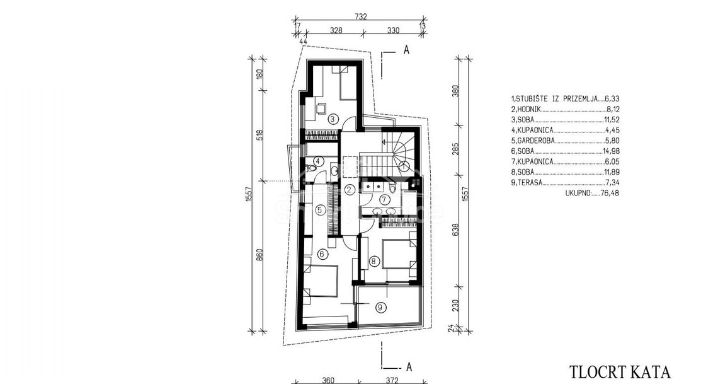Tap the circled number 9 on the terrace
point(380,308)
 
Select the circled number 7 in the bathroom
point(385,200)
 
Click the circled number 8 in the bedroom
point(375,262)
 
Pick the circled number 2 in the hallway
point(350,189)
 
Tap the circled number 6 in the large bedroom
point(321,253)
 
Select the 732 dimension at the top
point(361,17)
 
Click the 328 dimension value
point(336,31)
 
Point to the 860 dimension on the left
point(259,255)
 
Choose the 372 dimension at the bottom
point(392,380)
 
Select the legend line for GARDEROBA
point(565,141)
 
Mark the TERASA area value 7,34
point(612,182)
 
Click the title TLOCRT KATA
point(620,371)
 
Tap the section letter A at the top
point(406,50)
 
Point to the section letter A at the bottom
point(409,366)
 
